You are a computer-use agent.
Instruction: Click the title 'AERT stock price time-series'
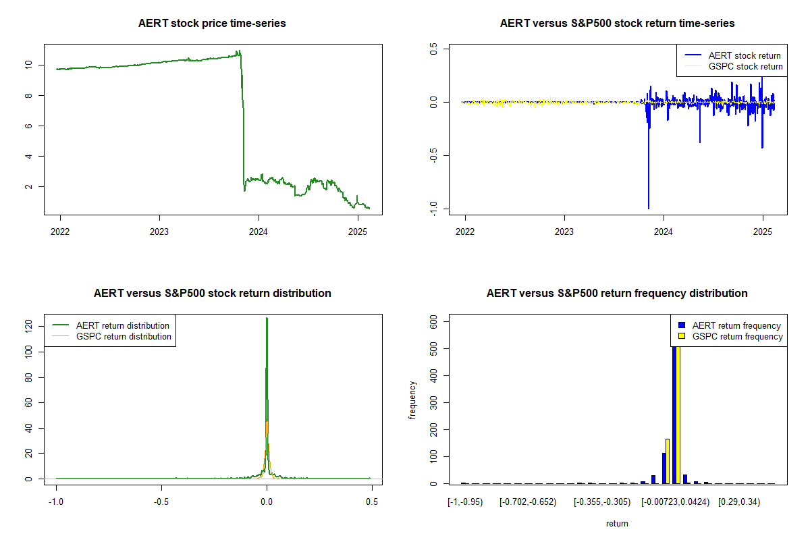(x=212, y=24)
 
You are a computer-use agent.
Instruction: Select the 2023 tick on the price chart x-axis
(x=159, y=230)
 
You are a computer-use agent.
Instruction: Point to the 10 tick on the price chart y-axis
(x=28, y=65)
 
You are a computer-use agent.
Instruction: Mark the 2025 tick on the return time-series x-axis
(x=763, y=230)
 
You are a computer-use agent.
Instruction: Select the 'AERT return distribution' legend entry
(x=122, y=325)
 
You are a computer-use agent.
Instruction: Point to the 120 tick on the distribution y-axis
(x=28, y=326)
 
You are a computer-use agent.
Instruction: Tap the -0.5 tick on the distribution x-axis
(x=161, y=502)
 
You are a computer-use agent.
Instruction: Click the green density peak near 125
(x=267, y=319)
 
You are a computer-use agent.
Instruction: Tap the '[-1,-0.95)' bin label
(x=465, y=502)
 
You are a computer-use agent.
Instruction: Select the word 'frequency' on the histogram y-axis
(x=412, y=401)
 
